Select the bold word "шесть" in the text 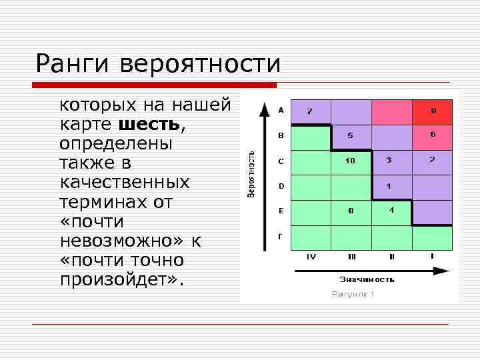149,124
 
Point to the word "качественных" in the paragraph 125,182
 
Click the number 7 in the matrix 309,111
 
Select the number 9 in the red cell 433,111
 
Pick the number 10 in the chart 350,161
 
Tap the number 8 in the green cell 350,211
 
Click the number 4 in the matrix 391,210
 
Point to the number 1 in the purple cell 389,185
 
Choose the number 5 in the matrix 350,135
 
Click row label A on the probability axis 281,110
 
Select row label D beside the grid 281,185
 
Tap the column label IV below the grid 311,256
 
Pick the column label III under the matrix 351,256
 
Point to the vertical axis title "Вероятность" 251,173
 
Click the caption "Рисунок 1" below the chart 353,295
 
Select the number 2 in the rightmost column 432,160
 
